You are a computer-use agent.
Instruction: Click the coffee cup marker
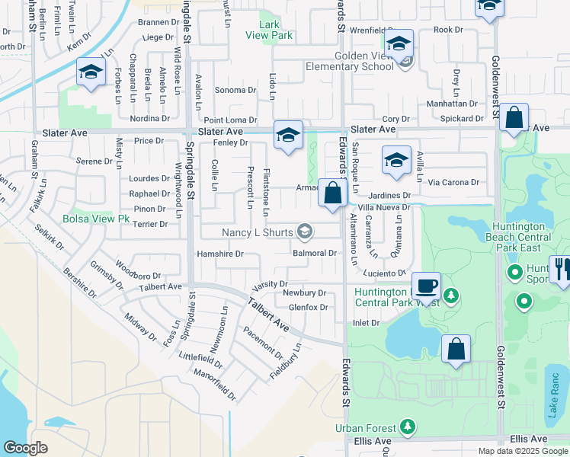pyautogui.click(x=426, y=286)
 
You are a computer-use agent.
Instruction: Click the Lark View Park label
pyautogui.click(x=270, y=30)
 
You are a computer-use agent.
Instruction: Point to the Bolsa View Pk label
pyautogui.click(x=97, y=219)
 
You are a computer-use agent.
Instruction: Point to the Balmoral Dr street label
pyautogui.click(x=315, y=253)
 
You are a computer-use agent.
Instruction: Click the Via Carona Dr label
pyautogui.click(x=453, y=182)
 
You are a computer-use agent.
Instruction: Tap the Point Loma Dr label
pyautogui.click(x=230, y=120)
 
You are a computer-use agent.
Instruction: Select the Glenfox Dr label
pyautogui.click(x=308, y=308)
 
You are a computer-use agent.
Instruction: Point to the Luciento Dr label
pyautogui.click(x=385, y=273)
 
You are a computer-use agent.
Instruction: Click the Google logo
pyautogui.click(x=25, y=448)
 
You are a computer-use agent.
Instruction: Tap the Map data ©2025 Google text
pyautogui.click(x=523, y=451)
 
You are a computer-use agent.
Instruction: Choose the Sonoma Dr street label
pyautogui.click(x=235, y=90)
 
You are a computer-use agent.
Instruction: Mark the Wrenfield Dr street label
pyautogui.click(x=370, y=30)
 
